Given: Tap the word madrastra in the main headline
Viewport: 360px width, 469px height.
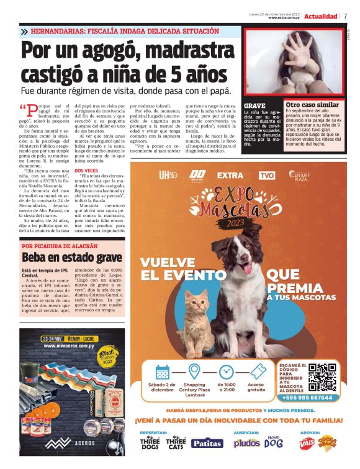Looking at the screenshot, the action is coord(179,53).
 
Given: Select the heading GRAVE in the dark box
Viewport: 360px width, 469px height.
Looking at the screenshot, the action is coord(254,106).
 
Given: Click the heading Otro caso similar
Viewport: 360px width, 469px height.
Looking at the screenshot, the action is coord(312,105).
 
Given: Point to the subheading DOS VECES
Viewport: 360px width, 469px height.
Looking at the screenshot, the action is coord(86,170).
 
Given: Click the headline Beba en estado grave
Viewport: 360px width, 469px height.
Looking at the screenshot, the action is coord(72,257).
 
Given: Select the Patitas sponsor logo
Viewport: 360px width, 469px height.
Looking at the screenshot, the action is coord(207,442).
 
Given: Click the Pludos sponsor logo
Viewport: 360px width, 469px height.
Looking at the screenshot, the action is coord(246,442).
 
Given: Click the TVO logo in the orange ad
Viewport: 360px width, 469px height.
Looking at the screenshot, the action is coord(267,176).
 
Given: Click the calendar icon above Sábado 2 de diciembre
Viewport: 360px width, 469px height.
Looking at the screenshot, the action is coord(163,372).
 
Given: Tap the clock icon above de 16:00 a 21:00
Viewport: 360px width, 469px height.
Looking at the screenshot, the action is coord(225,372).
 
